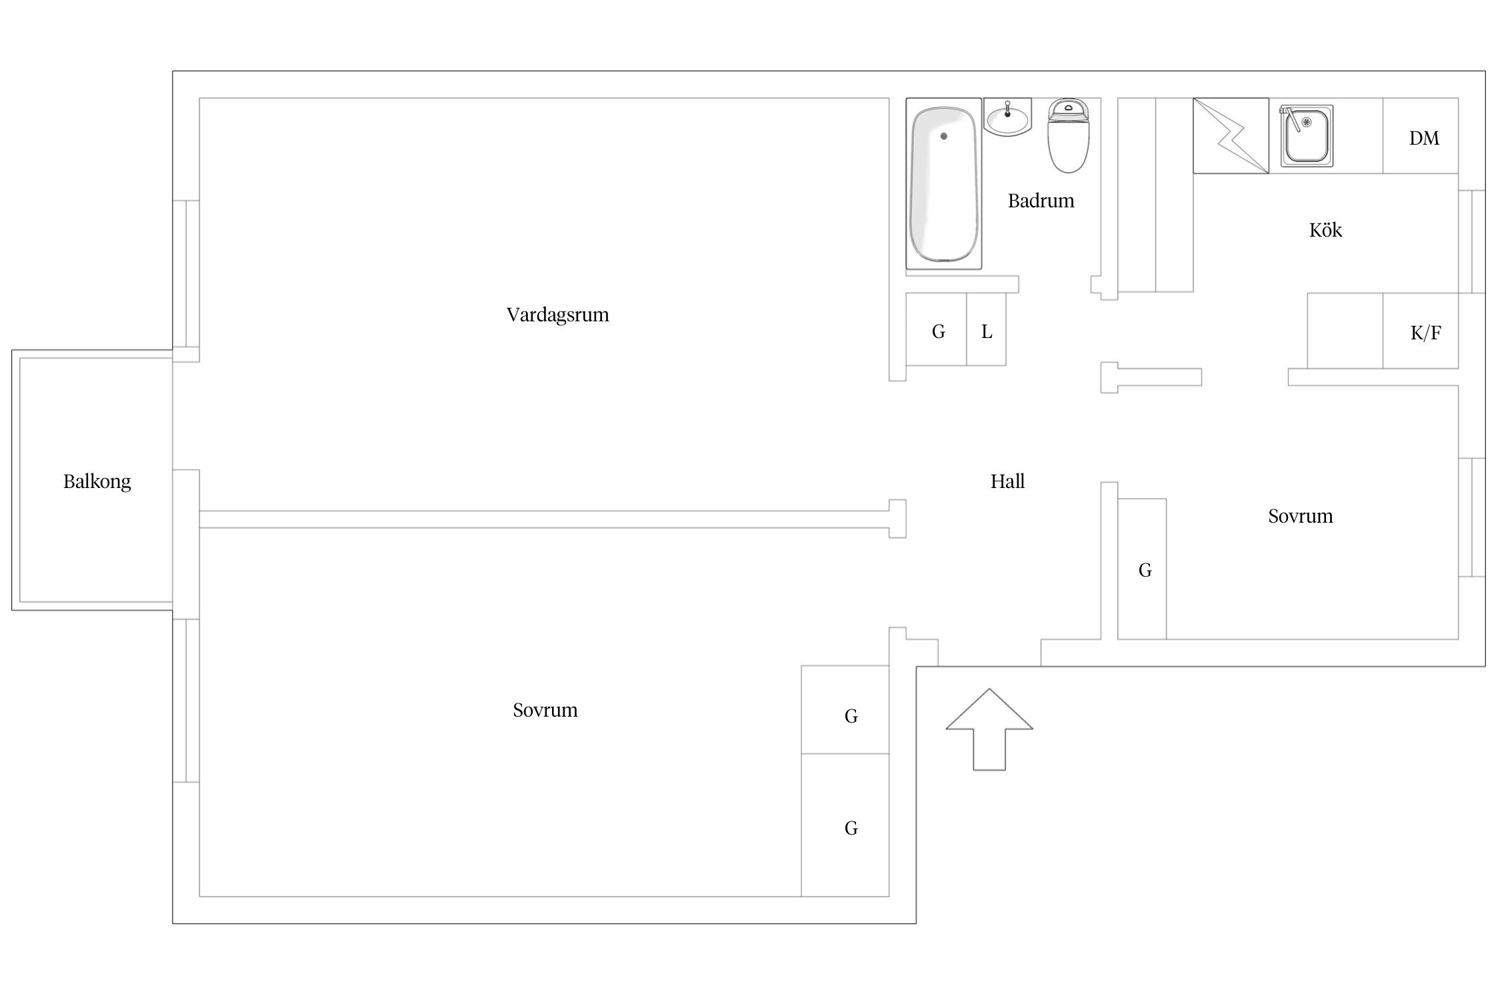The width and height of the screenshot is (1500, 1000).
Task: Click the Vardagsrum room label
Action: click(557, 315)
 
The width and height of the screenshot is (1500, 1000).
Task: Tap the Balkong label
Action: click(97, 481)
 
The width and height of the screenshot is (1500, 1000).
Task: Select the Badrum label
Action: click(1041, 201)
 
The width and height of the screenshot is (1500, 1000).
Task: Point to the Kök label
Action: click(1325, 230)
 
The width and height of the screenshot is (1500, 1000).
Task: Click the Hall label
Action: click(1007, 481)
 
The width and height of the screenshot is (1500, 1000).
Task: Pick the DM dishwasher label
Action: click(1424, 138)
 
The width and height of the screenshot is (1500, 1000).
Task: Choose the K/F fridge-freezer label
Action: click(1425, 333)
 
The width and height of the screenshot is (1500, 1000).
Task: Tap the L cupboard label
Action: click(987, 331)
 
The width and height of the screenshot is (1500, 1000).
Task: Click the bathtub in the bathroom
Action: click(944, 184)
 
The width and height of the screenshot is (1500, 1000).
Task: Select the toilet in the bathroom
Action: click(1069, 136)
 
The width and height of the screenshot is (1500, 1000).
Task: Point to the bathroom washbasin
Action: click(1008, 118)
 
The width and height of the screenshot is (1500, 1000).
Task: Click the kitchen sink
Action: click(1306, 135)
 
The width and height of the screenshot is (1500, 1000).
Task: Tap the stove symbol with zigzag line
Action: click(1231, 136)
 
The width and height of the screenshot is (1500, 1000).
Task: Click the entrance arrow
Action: click(989, 729)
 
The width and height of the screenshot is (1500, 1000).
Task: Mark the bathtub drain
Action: click(943, 136)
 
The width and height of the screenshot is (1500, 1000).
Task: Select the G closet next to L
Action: click(938, 331)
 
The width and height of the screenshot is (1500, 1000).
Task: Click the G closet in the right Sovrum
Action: click(1145, 570)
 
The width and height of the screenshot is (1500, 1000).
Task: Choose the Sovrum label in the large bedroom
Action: click(545, 710)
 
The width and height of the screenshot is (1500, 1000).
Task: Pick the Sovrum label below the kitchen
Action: click(1300, 516)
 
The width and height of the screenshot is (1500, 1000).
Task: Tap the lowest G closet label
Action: click(851, 828)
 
